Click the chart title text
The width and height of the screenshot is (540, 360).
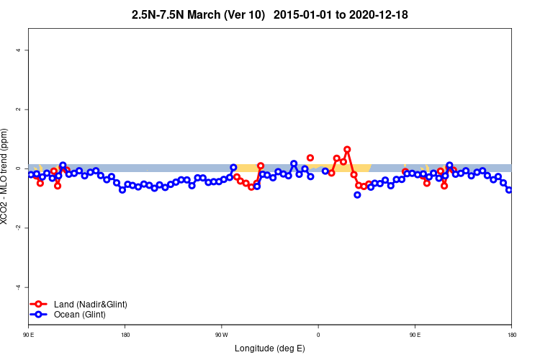(x=270, y=14)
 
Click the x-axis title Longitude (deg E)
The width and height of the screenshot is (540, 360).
(x=270, y=348)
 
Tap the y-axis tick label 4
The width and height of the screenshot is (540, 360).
(x=19, y=50)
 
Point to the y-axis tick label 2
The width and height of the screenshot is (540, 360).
(x=19, y=109)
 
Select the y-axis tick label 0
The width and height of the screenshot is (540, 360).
(x=19, y=168)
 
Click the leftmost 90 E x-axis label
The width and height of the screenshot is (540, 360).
(x=29, y=335)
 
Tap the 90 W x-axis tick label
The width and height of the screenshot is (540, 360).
(x=221, y=335)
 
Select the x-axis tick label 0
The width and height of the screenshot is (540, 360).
(x=318, y=335)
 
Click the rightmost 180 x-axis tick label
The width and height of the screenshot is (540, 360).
(x=511, y=335)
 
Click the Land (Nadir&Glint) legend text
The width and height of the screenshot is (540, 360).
(x=90, y=305)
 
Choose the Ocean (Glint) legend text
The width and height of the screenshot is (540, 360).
(x=79, y=315)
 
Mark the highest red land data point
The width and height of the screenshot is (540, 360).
(x=347, y=150)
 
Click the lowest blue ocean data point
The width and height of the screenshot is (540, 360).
(x=357, y=194)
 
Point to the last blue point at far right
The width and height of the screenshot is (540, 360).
(x=509, y=190)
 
